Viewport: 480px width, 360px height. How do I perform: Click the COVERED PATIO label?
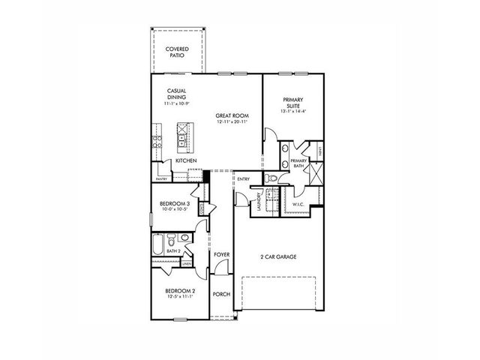click(x=177, y=52)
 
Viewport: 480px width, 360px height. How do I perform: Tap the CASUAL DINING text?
click(x=177, y=94)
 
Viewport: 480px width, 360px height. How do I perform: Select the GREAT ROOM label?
click(x=232, y=115)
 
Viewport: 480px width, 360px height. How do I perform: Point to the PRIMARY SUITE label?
click(x=292, y=103)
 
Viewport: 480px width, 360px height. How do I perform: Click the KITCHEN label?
click(x=186, y=161)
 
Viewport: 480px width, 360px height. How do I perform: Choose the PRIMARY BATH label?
click(x=298, y=163)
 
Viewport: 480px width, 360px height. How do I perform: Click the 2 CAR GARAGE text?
click(x=278, y=257)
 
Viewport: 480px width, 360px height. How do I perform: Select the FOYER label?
click(x=221, y=255)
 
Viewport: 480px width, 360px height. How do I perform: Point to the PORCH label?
click(x=221, y=295)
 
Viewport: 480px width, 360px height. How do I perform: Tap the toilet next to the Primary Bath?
click(x=273, y=178)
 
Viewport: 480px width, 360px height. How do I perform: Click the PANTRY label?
click(x=161, y=179)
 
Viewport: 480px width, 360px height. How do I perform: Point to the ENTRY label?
click(x=244, y=178)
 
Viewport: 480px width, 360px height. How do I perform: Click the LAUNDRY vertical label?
click(x=259, y=202)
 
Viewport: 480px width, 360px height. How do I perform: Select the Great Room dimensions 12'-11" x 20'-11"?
click(x=232, y=121)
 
